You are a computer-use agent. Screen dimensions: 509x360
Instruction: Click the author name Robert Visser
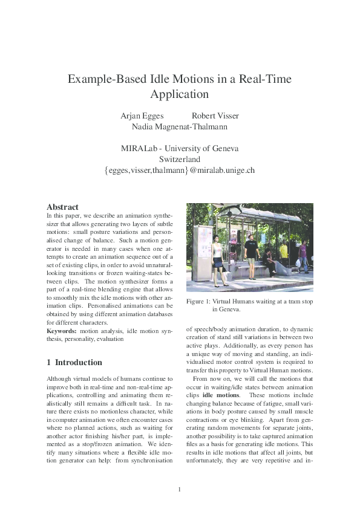point(215,115)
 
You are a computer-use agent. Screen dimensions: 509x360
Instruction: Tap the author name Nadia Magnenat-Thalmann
point(180,127)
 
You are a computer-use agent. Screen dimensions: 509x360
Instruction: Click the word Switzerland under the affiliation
point(180,159)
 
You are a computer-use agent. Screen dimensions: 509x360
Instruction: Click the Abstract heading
point(62,207)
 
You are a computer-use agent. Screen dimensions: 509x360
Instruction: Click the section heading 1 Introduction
point(74,363)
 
